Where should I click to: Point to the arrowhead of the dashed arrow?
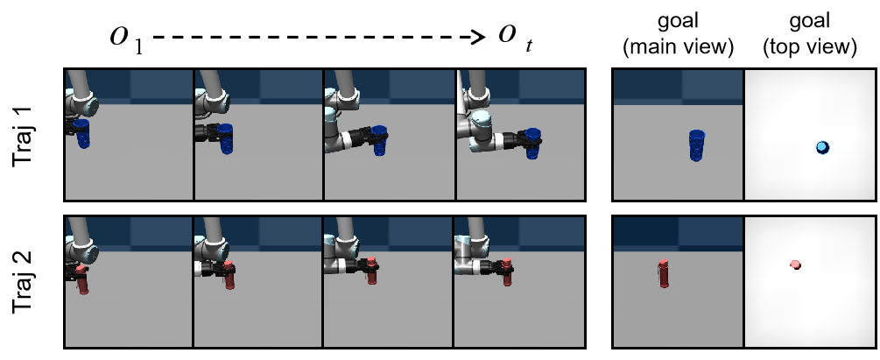coord(480,38)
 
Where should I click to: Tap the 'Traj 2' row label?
coord(24,282)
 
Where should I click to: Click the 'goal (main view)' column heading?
coord(679,35)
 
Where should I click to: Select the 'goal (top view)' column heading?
coord(810,35)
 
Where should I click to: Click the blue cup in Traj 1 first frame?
coord(82,133)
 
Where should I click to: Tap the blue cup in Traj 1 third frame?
coord(379,141)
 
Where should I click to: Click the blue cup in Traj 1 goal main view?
coord(696,145)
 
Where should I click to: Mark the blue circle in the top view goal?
coord(823,148)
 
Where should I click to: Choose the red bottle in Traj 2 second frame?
coord(229,275)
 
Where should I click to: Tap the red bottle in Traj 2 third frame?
coord(370,272)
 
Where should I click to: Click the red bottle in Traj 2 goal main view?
coord(664,273)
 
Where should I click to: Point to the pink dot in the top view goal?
coord(795,265)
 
